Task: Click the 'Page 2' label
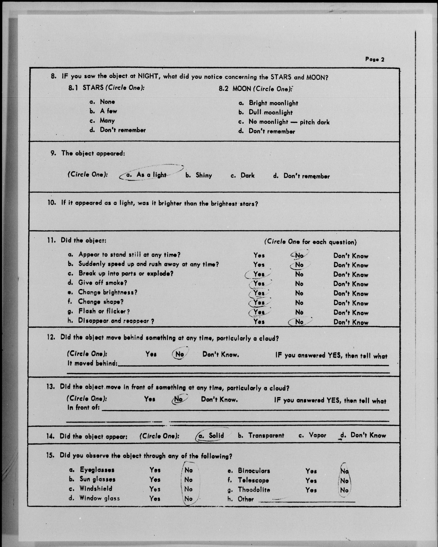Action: point(375,59)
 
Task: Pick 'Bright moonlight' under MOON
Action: point(273,103)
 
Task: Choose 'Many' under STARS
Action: point(107,120)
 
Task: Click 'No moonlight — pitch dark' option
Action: point(289,122)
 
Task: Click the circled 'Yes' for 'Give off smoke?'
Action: point(259,283)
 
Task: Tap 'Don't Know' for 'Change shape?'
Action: point(351,303)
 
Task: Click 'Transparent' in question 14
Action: point(266,435)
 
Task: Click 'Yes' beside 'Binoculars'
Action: point(311,471)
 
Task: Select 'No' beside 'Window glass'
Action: point(188,499)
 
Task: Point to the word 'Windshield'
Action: point(96,488)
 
